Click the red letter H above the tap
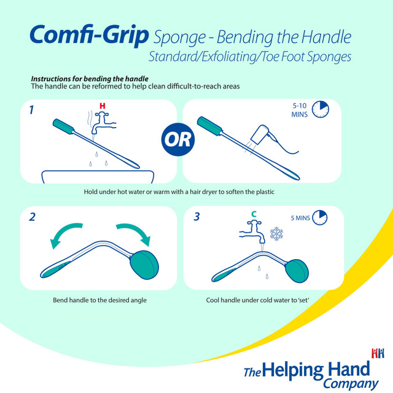tap(103, 106)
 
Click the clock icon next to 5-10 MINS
tap(320, 110)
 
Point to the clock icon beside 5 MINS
tap(320, 217)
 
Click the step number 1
tap(31, 111)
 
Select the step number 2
tap(32, 217)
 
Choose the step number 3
tap(196, 217)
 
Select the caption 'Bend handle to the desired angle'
tap(99, 301)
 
